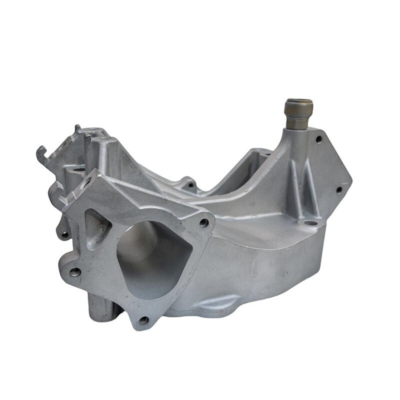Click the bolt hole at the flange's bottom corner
[144, 320]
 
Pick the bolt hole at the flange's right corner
[204, 223]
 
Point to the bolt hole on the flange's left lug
[75, 273]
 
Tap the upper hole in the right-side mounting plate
[319, 139]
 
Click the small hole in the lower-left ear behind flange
[64, 234]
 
